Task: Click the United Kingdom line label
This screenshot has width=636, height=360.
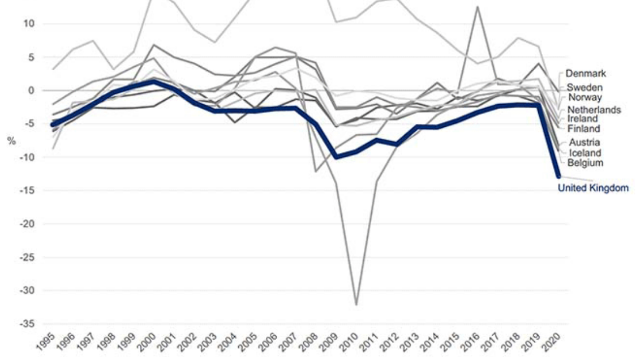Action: tap(593, 188)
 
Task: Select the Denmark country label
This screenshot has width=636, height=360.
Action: tap(586, 74)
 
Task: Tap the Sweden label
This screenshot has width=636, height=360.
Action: tap(585, 88)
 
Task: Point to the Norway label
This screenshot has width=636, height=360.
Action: tap(585, 97)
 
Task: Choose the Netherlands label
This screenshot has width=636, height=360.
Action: tap(594, 109)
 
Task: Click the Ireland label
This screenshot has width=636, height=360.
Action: tap(582, 119)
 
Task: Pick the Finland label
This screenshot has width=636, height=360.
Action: tap(583, 128)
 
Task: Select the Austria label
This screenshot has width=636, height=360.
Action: tap(584, 143)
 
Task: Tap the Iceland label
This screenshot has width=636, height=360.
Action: tap(585, 153)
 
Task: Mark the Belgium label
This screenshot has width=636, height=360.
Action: tap(586, 163)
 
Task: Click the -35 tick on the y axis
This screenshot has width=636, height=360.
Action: tap(27, 324)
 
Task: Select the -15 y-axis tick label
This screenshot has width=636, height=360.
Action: tap(27, 190)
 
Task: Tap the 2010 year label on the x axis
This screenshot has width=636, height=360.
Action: tap(353, 344)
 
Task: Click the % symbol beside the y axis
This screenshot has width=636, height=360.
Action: tap(11, 140)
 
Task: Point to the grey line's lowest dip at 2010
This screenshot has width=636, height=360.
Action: tap(356, 305)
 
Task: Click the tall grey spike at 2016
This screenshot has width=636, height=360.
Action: tap(478, 7)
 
